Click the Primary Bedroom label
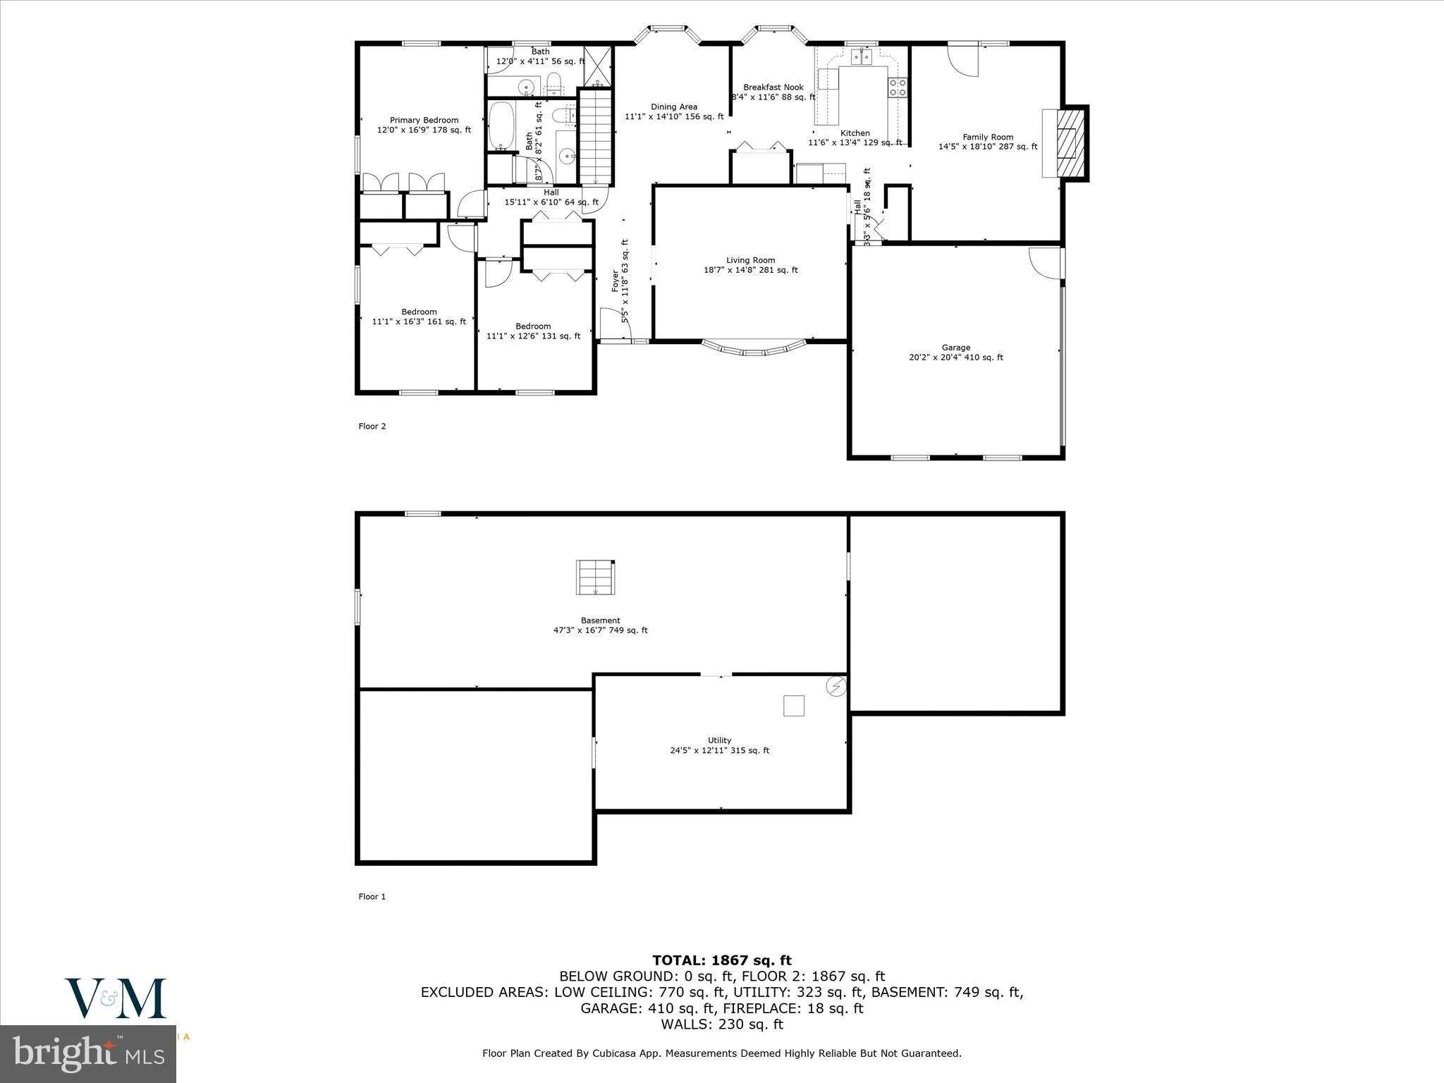click(424, 121)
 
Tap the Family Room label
click(987, 137)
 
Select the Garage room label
click(955, 348)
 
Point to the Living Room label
click(750, 260)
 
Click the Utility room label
click(719, 740)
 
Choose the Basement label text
click(600, 620)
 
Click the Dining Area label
click(673, 107)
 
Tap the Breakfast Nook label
click(773, 87)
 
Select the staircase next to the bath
click(596, 137)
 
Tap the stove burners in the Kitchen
click(898, 87)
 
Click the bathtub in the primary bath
click(501, 126)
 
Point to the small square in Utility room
click(793, 706)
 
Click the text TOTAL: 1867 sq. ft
click(721, 960)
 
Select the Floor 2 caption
click(372, 426)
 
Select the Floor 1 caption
click(372, 897)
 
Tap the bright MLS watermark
click(88, 1055)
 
